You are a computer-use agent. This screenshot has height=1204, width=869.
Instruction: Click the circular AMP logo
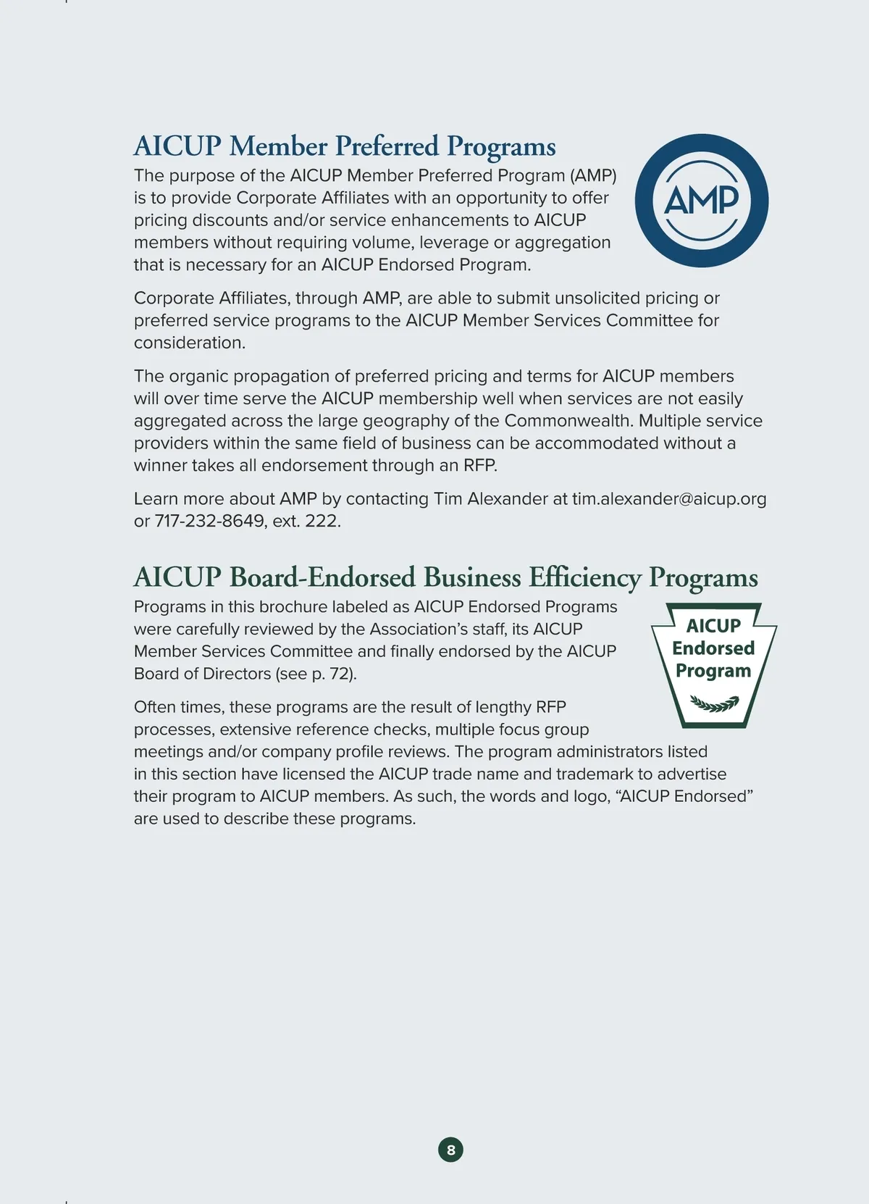click(x=701, y=201)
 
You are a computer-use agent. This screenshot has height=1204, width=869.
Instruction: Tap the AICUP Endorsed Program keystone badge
click(x=713, y=664)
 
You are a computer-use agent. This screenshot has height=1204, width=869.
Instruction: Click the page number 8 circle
click(x=450, y=1150)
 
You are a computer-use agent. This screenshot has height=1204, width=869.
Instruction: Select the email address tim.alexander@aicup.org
click(x=669, y=499)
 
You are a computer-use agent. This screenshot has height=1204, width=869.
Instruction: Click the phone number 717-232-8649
click(x=210, y=522)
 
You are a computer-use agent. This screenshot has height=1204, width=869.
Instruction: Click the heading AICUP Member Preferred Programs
click(x=344, y=146)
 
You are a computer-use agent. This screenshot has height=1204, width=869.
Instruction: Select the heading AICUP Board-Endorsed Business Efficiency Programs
click(x=445, y=577)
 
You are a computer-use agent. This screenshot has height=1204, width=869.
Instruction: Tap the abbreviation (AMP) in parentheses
click(x=593, y=176)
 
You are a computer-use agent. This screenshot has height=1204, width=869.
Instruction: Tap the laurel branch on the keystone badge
click(x=714, y=703)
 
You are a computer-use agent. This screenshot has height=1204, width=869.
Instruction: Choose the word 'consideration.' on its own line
click(x=190, y=343)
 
